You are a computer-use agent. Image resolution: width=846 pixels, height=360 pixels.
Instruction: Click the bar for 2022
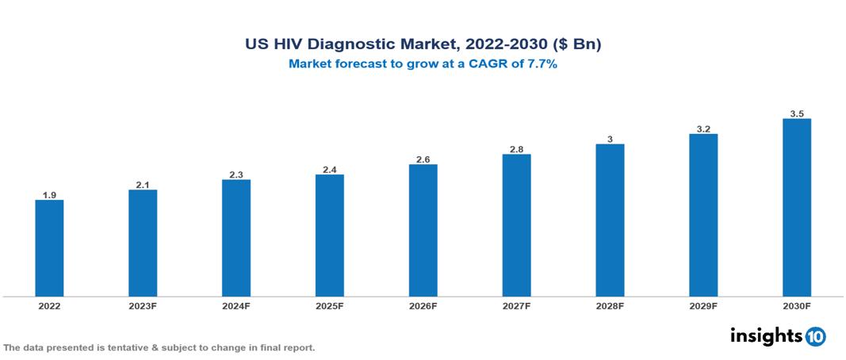coord(49,247)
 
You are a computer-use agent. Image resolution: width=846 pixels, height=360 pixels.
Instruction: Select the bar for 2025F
coord(329,235)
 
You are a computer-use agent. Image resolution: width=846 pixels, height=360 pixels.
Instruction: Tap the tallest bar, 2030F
coord(796,207)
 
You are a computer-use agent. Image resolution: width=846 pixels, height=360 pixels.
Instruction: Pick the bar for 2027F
coord(516,225)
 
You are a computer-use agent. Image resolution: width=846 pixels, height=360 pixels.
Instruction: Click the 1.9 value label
coord(49,194)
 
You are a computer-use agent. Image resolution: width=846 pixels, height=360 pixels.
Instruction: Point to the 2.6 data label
coord(423,159)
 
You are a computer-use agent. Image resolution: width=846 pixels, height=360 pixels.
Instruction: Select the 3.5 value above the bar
coord(797,113)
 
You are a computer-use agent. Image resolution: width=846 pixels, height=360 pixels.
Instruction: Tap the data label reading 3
coord(610,139)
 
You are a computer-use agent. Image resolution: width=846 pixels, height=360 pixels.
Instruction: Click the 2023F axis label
coord(143,305)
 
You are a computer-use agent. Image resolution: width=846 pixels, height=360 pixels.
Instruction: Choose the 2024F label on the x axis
coord(236,305)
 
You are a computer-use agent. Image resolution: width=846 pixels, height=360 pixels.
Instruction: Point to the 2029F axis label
coord(703,305)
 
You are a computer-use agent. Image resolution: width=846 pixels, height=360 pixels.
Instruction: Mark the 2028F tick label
coord(610,305)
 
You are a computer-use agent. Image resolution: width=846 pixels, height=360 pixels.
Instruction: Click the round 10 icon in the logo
coord(815,336)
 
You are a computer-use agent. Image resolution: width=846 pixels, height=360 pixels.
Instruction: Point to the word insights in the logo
coord(765,335)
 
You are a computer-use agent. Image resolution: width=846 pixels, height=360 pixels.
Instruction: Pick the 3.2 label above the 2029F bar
coord(703,128)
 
